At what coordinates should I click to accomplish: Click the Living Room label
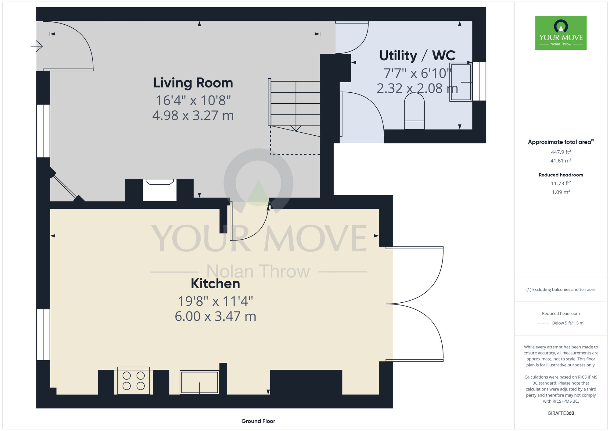pyautogui.click(x=193, y=83)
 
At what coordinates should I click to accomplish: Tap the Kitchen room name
pyautogui.click(x=215, y=284)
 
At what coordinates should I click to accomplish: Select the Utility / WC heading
pyautogui.click(x=417, y=56)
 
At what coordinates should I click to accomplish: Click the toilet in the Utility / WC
pyautogui.click(x=414, y=111)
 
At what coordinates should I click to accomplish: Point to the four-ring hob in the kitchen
pyautogui.click(x=134, y=381)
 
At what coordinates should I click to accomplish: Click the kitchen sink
pyautogui.click(x=199, y=382)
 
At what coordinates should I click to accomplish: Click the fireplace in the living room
pyautogui.click(x=160, y=190)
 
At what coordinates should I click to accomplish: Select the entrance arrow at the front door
pyautogui.click(x=37, y=46)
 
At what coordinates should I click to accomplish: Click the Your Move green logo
pyautogui.click(x=561, y=33)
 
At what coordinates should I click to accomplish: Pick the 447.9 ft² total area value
pyautogui.click(x=561, y=152)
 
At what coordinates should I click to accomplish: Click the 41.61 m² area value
pyautogui.click(x=561, y=161)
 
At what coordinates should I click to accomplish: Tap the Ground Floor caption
pyautogui.click(x=258, y=421)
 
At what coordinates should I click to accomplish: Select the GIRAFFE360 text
pyautogui.click(x=561, y=413)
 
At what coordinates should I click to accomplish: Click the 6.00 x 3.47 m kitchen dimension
pyautogui.click(x=215, y=316)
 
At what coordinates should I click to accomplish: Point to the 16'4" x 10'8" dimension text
pyautogui.click(x=193, y=100)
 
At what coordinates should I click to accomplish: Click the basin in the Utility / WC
pyautogui.click(x=461, y=82)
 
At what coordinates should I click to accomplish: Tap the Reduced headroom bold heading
pyautogui.click(x=561, y=175)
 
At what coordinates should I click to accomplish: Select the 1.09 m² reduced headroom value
pyautogui.click(x=561, y=192)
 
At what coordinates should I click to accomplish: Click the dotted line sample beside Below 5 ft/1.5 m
pyautogui.click(x=544, y=323)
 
